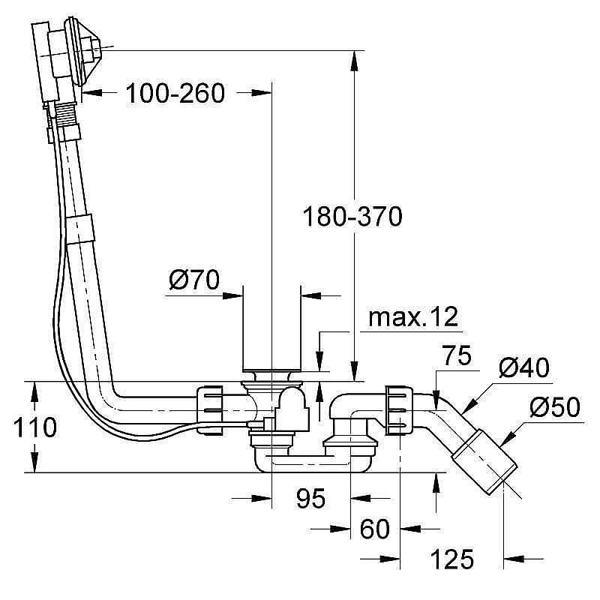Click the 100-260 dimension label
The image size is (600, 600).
175,94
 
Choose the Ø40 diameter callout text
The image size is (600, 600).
523,368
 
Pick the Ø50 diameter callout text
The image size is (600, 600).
555,407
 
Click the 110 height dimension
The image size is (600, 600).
33,428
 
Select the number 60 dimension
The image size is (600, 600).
374,529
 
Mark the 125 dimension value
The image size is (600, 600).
452,559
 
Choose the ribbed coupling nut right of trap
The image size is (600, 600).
397,409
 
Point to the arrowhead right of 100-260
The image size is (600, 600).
259,93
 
